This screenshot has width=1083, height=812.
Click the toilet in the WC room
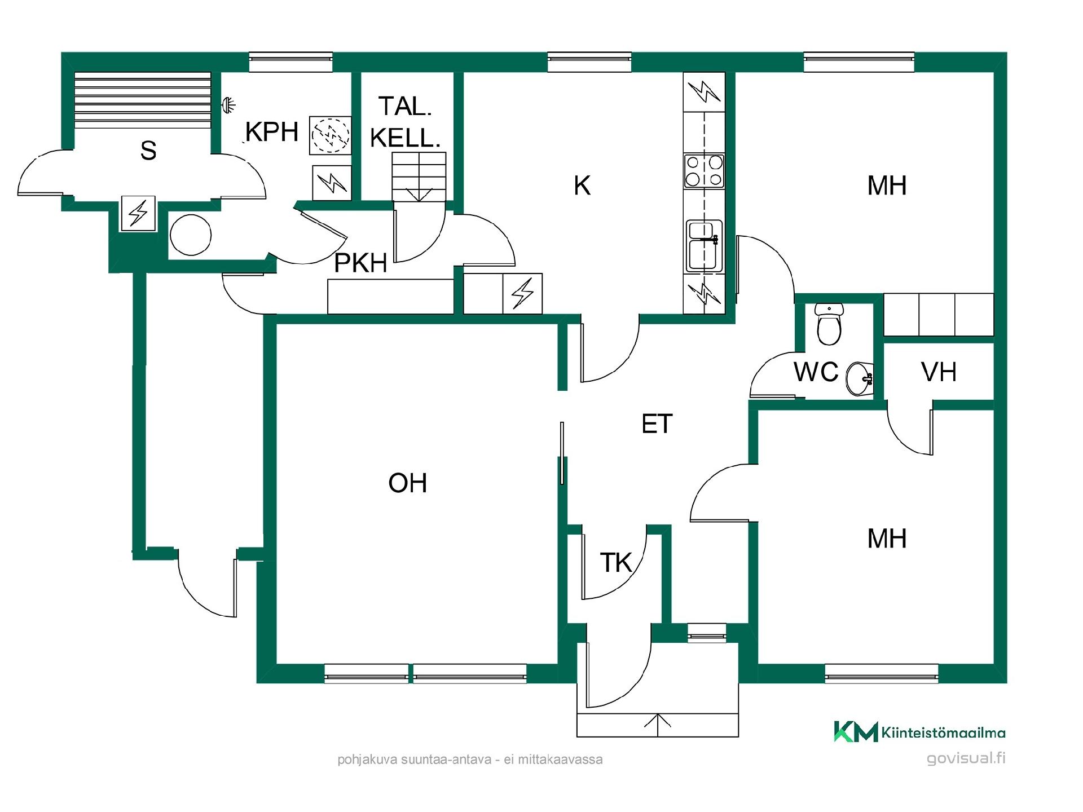[x=829, y=324]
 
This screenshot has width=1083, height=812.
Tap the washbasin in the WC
[x=860, y=378]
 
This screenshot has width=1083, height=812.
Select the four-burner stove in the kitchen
[x=704, y=171]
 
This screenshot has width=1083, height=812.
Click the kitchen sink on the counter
[x=703, y=246]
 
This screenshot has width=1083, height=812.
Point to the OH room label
[x=407, y=483]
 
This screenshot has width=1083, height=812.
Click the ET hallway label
[x=657, y=424]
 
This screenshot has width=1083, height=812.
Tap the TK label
[x=615, y=562]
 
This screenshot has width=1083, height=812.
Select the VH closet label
[x=939, y=372]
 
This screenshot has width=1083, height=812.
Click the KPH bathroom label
[x=272, y=132]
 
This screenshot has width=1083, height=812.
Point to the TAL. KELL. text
[x=405, y=122]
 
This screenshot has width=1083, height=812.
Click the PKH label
[x=360, y=263]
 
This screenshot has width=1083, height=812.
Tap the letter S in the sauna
[x=148, y=151]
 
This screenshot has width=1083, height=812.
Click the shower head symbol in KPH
[x=228, y=104]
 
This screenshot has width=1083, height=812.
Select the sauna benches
[x=143, y=100]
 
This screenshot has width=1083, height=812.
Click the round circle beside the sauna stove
[x=191, y=235]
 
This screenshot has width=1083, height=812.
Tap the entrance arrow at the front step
[x=658, y=725]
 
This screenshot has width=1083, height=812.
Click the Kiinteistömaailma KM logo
[x=919, y=732]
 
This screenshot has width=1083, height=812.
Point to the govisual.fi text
[x=966, y=758]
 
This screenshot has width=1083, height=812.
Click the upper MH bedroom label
[x=887, y=186]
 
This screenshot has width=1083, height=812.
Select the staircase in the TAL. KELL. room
[x=419, y=176]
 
